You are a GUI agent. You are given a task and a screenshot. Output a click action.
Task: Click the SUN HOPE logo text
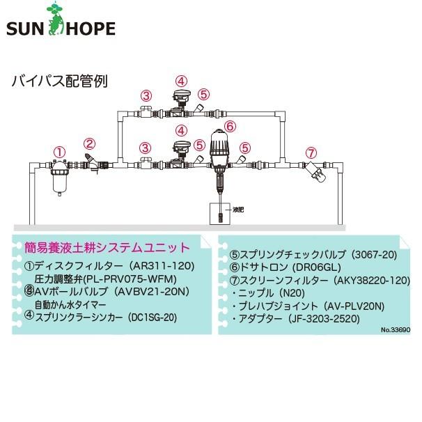point(61,29)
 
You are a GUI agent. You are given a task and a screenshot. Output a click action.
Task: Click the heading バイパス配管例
point(60,80)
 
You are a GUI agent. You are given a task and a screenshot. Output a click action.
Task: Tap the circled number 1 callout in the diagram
point(61,151)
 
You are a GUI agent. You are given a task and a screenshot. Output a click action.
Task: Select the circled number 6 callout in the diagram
point(230,126)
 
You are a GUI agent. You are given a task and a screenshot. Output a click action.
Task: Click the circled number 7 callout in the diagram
point(311,152)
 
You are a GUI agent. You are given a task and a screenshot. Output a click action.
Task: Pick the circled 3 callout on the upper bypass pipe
point(146,95)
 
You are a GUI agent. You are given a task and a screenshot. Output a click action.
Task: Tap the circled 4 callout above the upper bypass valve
point(181,81)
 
